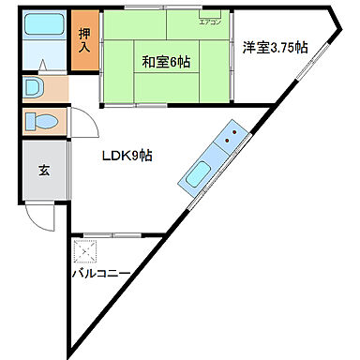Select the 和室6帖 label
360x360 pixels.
click(x=166, y=62)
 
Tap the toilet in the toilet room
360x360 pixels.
click(x=43, y=121)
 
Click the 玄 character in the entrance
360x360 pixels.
click(x=43, y=171)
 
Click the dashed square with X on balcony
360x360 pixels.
click(x=86, y=252)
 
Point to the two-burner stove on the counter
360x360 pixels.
click(x=229, y=140)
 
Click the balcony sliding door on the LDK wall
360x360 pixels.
click(x=112, y=232)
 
